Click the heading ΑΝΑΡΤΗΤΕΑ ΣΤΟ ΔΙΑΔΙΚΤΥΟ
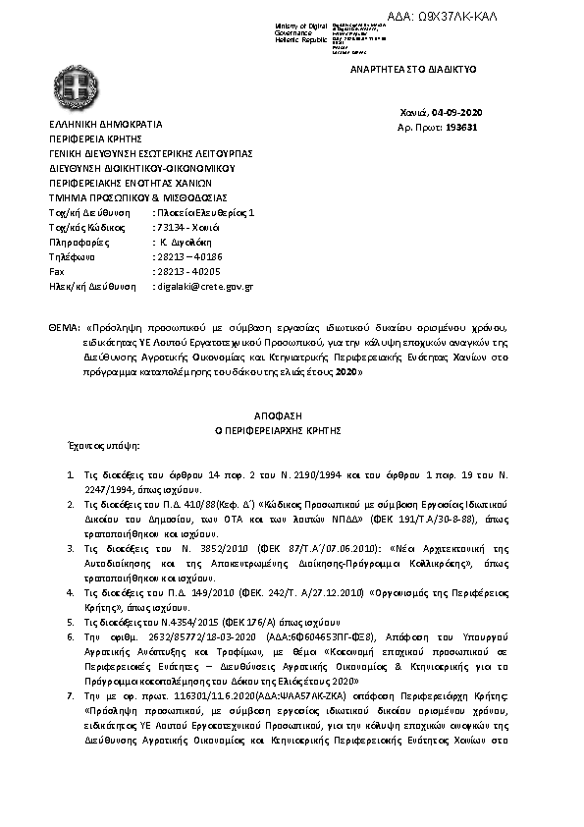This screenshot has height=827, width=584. click(x=413, y=71)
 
